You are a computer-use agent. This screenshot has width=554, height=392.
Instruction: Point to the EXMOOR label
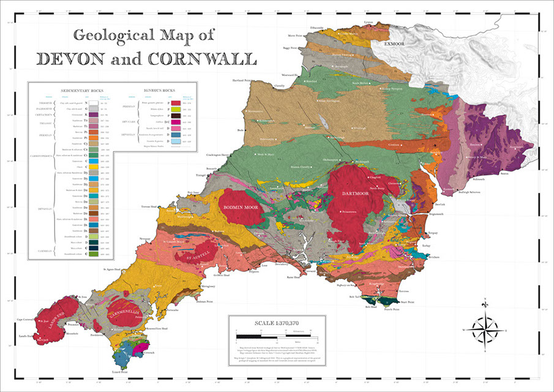point(395,45)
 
